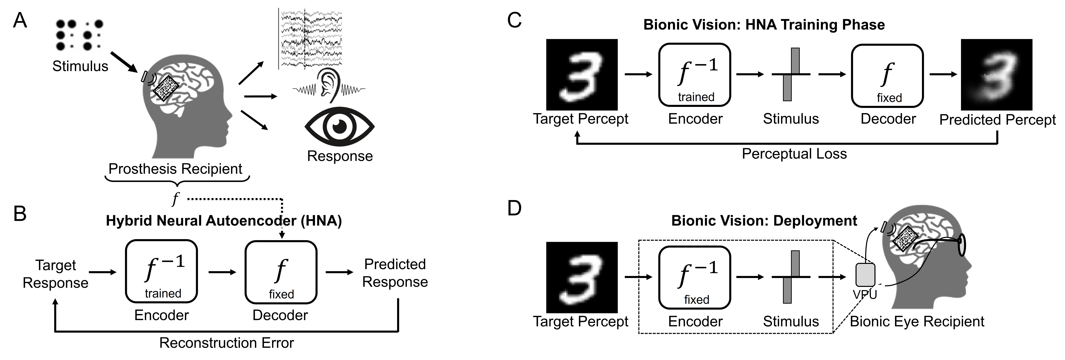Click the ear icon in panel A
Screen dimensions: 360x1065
click(x=329, y=85)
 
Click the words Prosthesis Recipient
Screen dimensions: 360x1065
click(x=175, y=169)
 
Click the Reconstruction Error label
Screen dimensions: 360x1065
click(x=227, y=343)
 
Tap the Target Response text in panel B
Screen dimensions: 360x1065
click(x=55, y=274)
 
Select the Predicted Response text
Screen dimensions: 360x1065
click(x=395, y=273)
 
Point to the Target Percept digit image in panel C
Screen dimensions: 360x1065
click(x=582, y=74)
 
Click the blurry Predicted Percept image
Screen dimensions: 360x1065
click(x=996, y=74)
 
